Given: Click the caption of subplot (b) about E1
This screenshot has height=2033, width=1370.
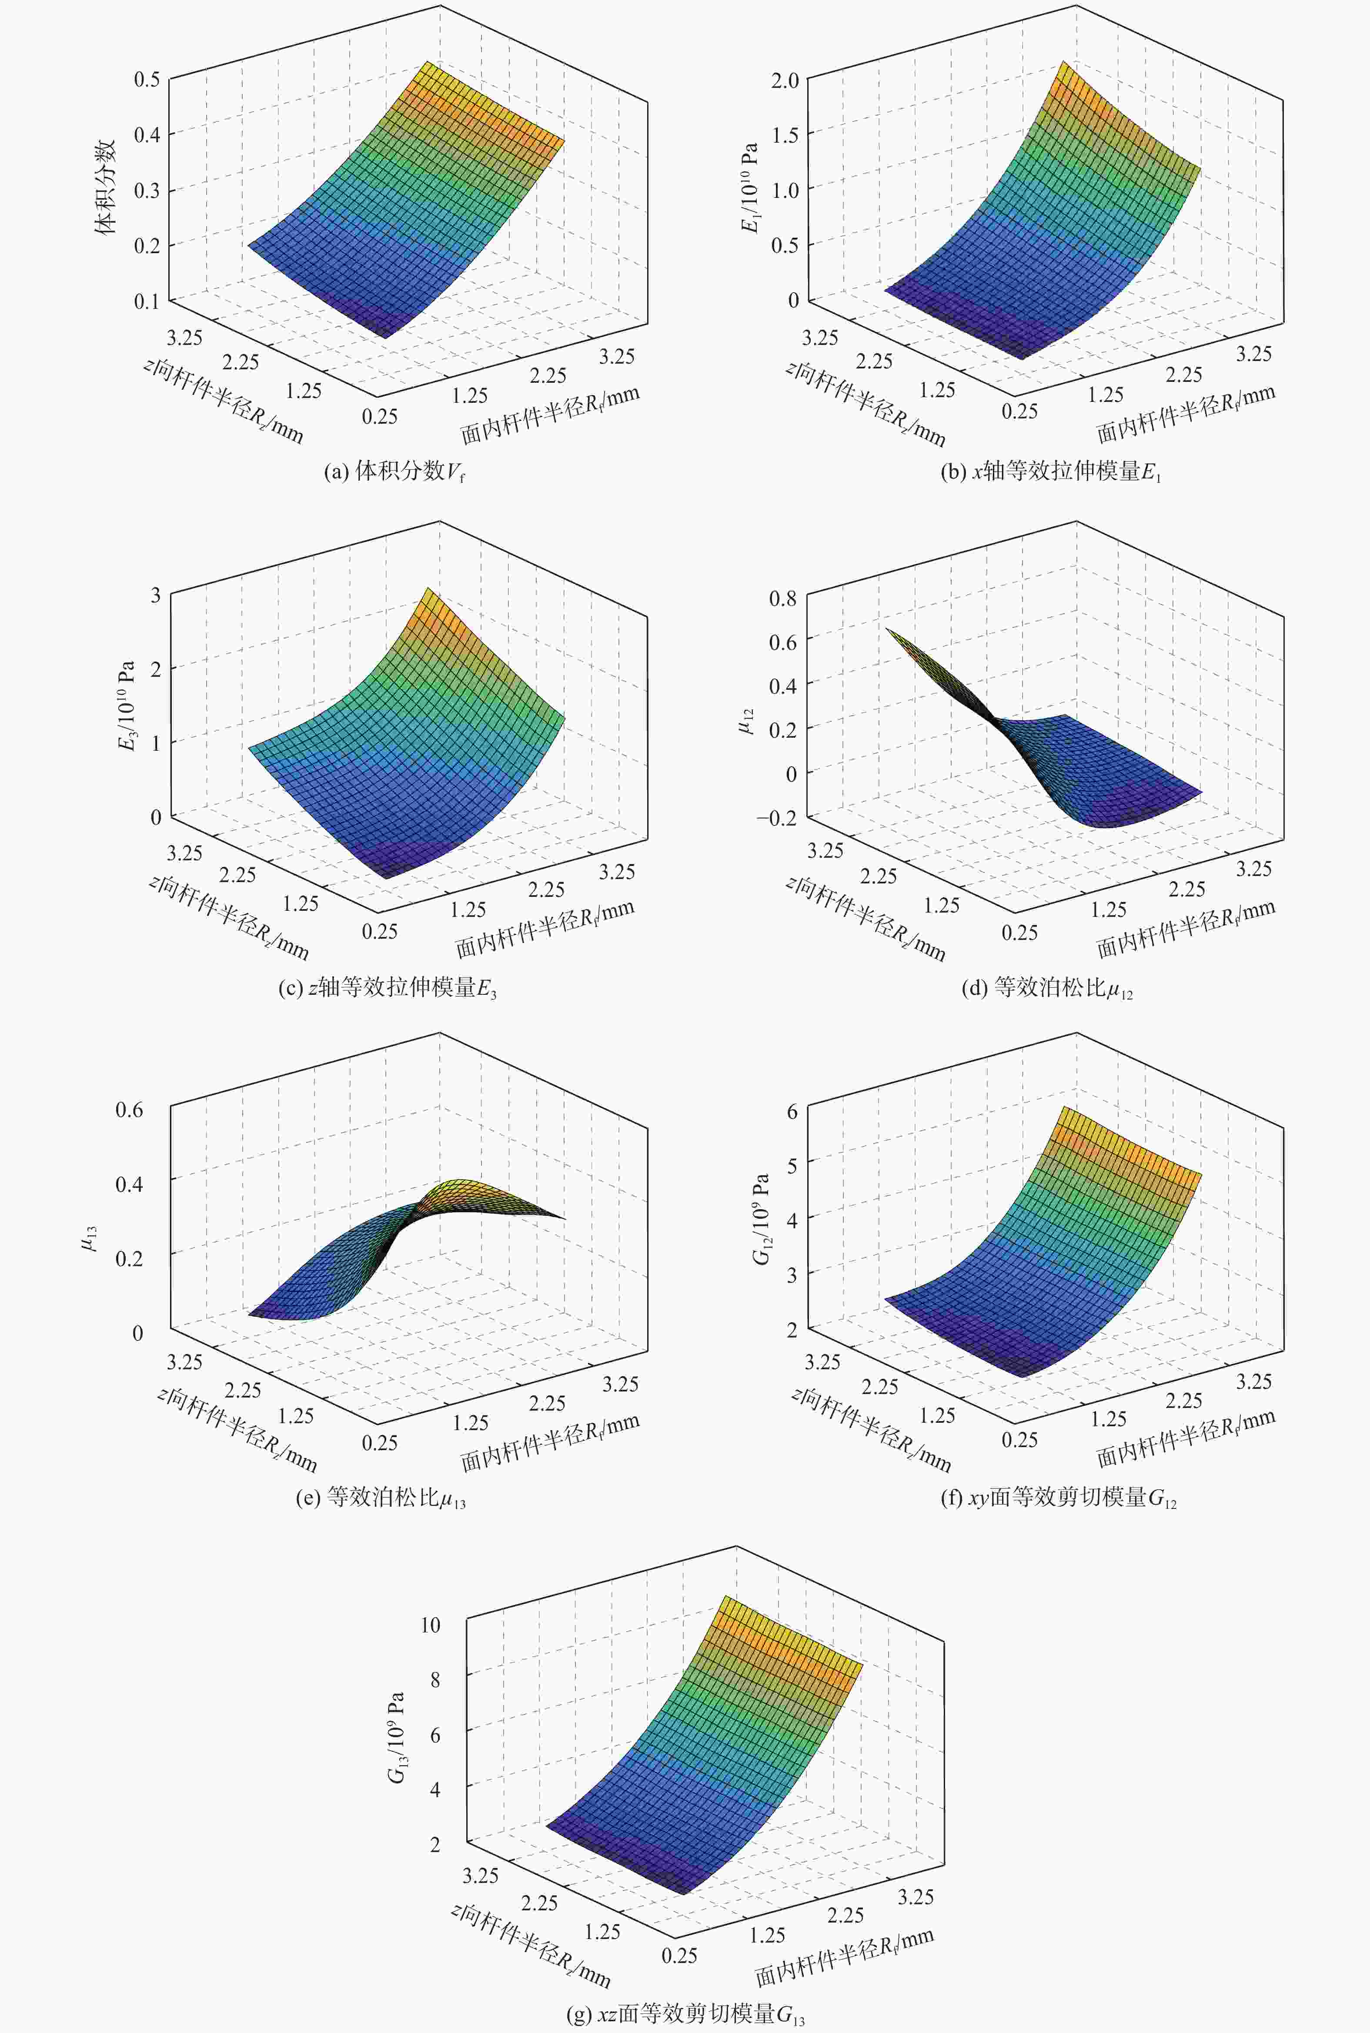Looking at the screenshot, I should click(1050, 473).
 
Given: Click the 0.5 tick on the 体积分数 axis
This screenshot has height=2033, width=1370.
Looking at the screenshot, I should click(147, 79).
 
